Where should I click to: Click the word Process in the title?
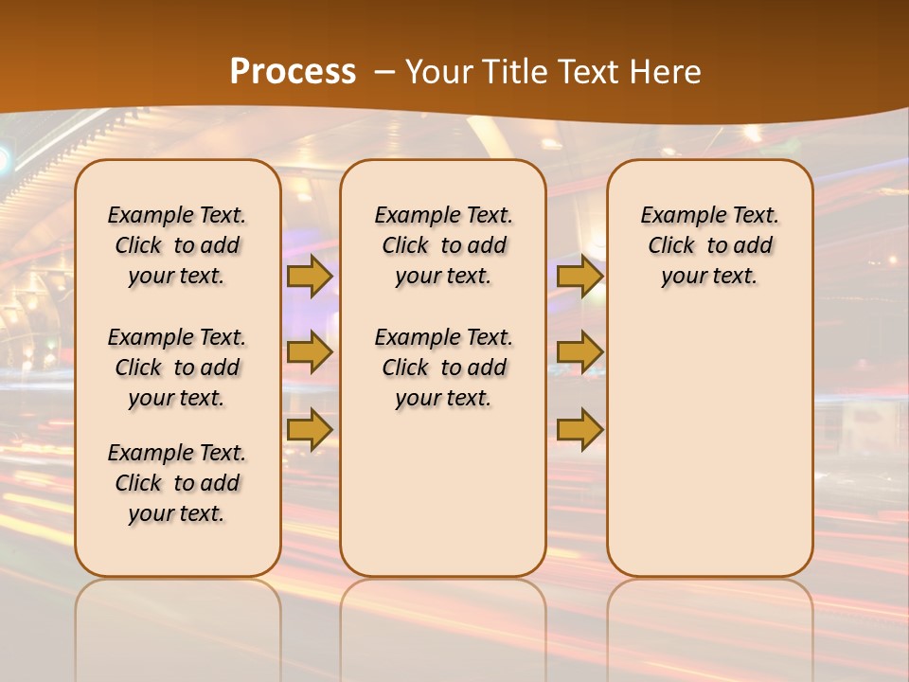coord(293,72)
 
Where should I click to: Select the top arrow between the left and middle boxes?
coord(309,276)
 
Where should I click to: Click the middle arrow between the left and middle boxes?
coord(309,352)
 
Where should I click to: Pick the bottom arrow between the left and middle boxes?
coord(309,429)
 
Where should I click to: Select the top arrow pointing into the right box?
coord(579,276)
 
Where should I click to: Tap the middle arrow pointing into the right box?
coord(579,352)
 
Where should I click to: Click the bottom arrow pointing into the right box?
coord(579,429)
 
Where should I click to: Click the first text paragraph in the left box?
coord(177,245)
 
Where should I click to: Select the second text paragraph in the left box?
coord(177,368)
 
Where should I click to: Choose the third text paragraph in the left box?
coord(177,483)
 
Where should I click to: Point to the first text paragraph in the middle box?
coord(443,245)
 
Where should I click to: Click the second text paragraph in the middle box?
coord(443,368)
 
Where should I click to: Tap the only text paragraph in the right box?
coord(710,245)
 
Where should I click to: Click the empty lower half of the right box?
coord(710,455)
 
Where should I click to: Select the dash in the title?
coord(385,72)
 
